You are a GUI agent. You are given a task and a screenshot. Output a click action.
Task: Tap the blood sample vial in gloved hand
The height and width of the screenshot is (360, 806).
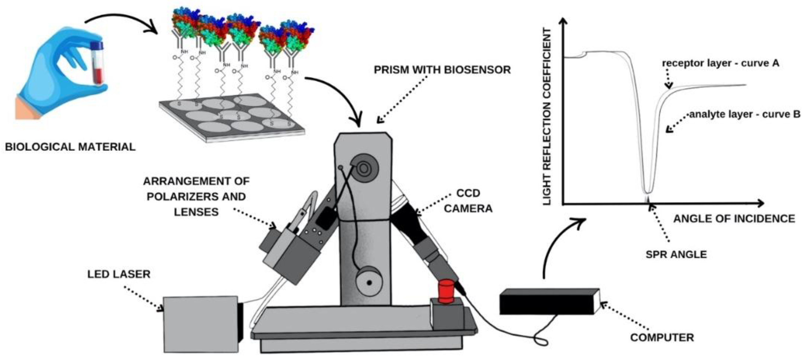pos(97,64)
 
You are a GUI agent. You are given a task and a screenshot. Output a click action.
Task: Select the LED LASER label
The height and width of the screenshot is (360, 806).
pos(119,274)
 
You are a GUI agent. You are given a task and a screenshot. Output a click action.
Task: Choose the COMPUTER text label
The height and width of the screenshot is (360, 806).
pos(662,337)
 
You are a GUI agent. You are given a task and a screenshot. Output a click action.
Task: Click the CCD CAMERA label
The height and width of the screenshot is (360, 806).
pos(468,200)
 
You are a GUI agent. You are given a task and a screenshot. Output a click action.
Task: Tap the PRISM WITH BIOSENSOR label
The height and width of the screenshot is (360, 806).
pos(442,70)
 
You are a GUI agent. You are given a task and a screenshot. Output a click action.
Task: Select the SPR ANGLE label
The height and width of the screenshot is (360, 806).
pos(676,254)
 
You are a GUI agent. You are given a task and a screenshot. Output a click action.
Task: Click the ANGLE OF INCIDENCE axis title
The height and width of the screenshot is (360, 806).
pos(734,218)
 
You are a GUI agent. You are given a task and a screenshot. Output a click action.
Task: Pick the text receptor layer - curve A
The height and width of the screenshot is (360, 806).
pos(720,63)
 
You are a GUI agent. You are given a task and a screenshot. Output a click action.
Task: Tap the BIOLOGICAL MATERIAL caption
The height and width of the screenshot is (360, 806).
pos(70,147)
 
